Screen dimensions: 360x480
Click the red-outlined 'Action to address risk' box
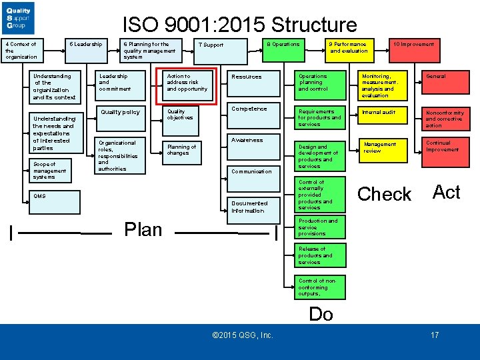pyautogui.click(x=187, y=86)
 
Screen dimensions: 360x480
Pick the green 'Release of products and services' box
pyautogui.click(x=319, y=255)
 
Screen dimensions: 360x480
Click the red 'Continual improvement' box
pyautogui.click(x=446, y=151)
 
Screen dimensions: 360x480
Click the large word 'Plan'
pyautogui.click(x=143, y=230)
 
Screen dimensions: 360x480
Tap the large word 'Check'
pyautogui.click(x=385, y=195)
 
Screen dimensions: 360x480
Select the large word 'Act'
pyautogui.click(x=447, y=192)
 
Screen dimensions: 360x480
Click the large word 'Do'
pyautogui.click(x=321, y=315)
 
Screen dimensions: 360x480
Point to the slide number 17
pyautogui.click(x=435, y=335)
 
